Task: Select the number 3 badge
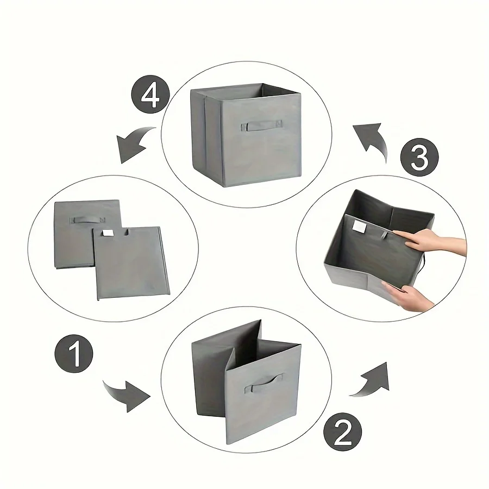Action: point(419,157)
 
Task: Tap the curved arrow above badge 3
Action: point(372,140)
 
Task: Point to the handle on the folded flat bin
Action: point(87,220)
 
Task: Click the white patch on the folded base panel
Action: point(108,233)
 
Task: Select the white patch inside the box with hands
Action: point(360,226)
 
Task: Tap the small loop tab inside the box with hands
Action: point(385,235)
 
